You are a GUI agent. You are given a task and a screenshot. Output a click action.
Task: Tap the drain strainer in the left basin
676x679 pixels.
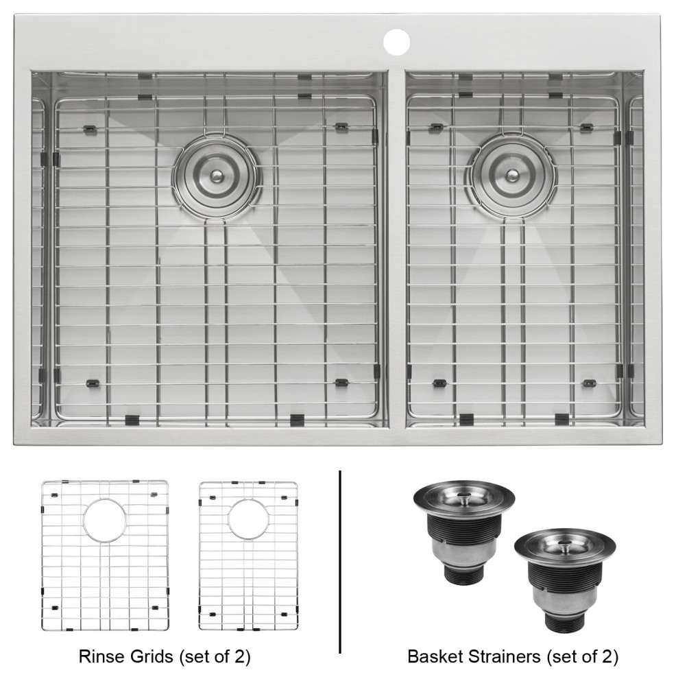[x=217, y=175]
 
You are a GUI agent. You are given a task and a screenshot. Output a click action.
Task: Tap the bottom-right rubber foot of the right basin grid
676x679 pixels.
[x=588, y=383]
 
